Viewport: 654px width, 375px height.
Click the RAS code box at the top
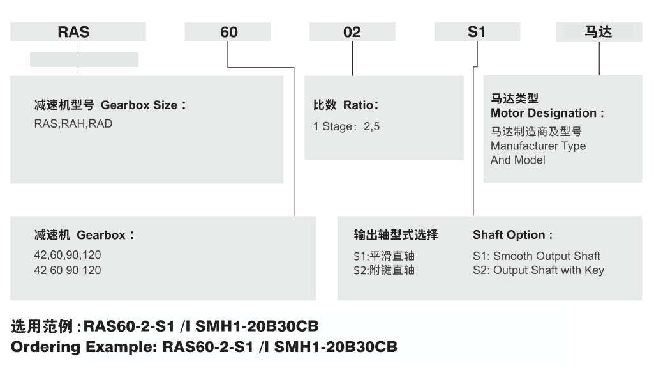pos(78,32)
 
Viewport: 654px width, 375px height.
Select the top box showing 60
pos(228,32)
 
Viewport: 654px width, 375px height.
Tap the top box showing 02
pos(352,32)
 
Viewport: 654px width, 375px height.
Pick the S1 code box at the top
pos(477,32)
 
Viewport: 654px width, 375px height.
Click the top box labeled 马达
pos(599,32)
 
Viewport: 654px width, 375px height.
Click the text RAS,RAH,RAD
pos(73,124)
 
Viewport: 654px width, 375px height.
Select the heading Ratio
pos(360,105)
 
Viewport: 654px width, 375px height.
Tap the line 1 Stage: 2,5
pos(346,126)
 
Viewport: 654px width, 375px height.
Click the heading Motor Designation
pos(547,113)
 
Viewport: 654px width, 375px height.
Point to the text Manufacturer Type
pos(538,146)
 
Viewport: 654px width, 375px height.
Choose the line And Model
pos(517,160)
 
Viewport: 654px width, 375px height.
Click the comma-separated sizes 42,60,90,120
pos(68,255)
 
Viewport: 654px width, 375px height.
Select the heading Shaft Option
pos(512,235)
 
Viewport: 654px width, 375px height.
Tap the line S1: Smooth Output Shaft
pos(537,256)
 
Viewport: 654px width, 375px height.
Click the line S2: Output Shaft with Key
pos(539,271)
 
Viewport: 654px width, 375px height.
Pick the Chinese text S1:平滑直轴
pos(384,256)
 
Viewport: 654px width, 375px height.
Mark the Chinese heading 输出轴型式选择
pos(396,235)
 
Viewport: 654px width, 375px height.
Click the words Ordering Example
pos(84,347)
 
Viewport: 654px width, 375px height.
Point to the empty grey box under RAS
pos(84,59)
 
